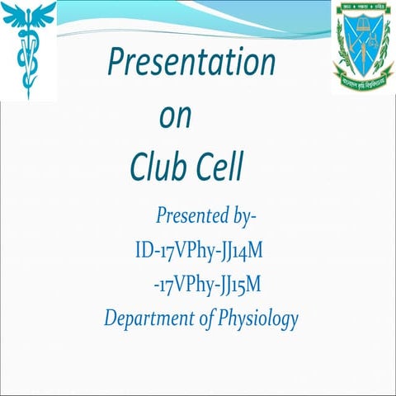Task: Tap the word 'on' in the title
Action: coord(175,116)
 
